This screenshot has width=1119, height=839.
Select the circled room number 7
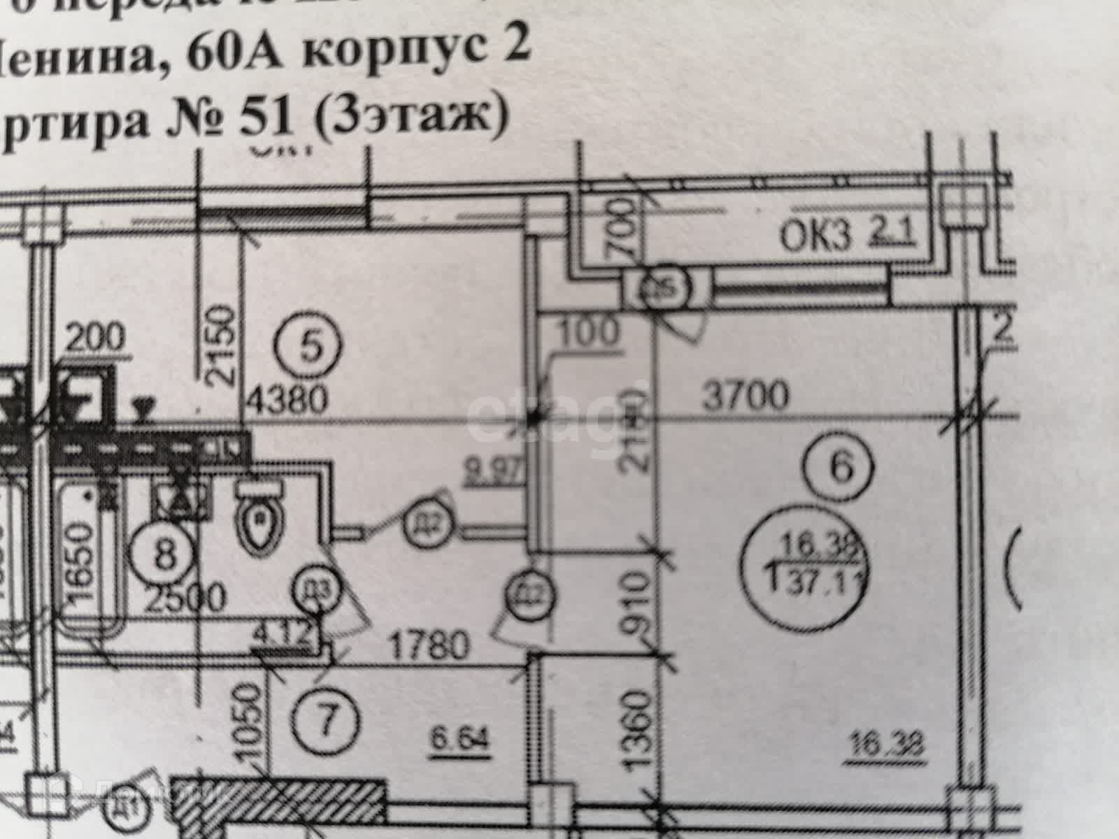pyautogui.click(x=324, y=719)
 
